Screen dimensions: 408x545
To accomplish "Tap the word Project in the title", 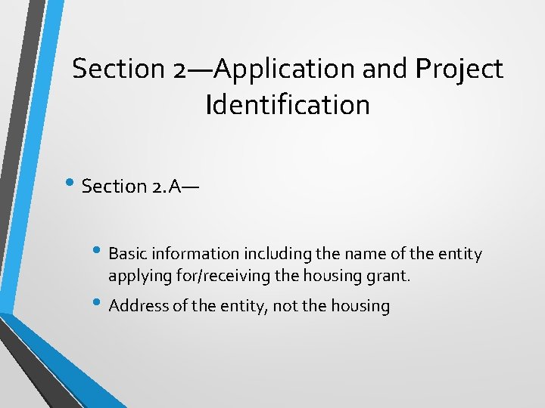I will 459,70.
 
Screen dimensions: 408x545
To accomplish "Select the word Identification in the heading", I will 287,104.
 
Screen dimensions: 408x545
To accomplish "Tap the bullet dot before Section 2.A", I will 74,184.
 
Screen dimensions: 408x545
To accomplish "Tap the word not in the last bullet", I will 292,306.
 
